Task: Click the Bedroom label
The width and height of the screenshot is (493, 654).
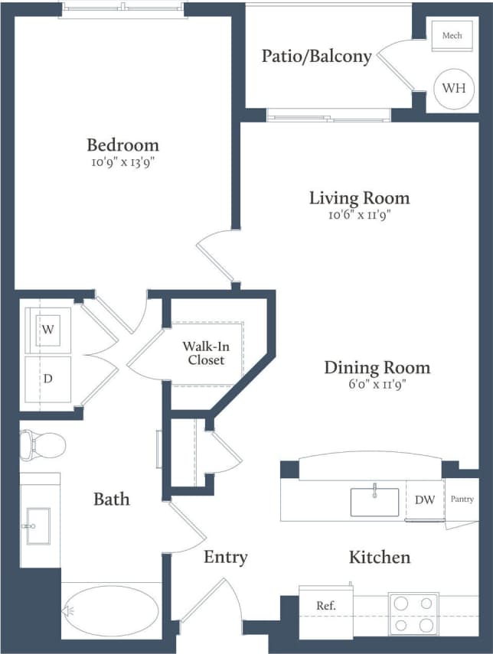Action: pyautogui.click(x=122, y=145)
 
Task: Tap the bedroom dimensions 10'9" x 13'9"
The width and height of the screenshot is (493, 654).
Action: pyautogui.click(x=122, y=162)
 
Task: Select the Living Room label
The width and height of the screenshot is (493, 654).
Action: pyautogui.click(x=359, y=198)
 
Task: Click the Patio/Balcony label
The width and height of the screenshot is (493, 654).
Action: pyautogui.click(x=316, y=56)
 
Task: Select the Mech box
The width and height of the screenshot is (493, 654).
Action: pyautogui.click(x=452, y=36)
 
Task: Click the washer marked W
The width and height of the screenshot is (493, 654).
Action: pyautogui.click(x=48, y=330)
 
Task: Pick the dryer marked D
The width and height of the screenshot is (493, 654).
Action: pyautogui.click(x=48, y=379)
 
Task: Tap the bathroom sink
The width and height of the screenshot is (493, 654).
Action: pyautogui.click(x=38, y=525)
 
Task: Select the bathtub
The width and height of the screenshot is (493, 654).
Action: pyautogui.click(x=110, y=610)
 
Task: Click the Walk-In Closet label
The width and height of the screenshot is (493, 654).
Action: pyautogui.click(x=204, y=353)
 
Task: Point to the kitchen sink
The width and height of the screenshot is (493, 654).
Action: pyautogui.click(x=374, y=502)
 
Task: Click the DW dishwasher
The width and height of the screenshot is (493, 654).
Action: pyautogui.click(x=425, y=500)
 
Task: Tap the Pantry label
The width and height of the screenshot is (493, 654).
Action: pyautogui.click(x=462, y=499)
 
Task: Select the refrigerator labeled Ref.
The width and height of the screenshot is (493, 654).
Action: pyautogui.click(x=326, y=606)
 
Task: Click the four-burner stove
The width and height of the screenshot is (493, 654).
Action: pyautogui.click(x=413, y=613)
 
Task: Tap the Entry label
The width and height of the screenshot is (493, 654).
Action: pyautogui.click(x=225, y=557)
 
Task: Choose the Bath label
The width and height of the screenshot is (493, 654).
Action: pyautogui.click(x=112, y=499)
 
